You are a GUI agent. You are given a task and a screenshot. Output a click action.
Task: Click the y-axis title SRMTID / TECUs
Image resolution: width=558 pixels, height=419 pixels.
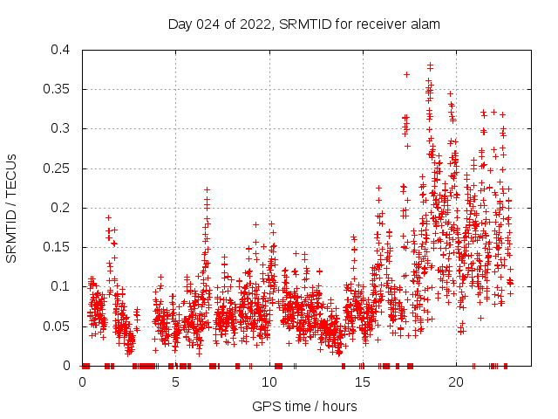(12, 208)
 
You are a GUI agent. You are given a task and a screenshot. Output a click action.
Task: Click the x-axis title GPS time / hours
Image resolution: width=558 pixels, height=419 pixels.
(304, 406)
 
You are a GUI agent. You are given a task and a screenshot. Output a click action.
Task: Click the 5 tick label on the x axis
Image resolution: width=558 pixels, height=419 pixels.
(175, 382)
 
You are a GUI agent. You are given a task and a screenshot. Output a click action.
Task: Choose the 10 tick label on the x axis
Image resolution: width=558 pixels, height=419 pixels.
(269, 382)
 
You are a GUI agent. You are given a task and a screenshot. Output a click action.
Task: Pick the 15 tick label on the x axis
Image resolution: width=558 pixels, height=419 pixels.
(362, 382)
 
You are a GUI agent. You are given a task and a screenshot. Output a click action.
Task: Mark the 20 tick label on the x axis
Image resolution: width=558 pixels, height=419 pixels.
(455, 382)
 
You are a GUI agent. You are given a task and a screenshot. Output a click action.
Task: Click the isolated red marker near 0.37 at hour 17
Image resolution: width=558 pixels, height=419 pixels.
(406, 74)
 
